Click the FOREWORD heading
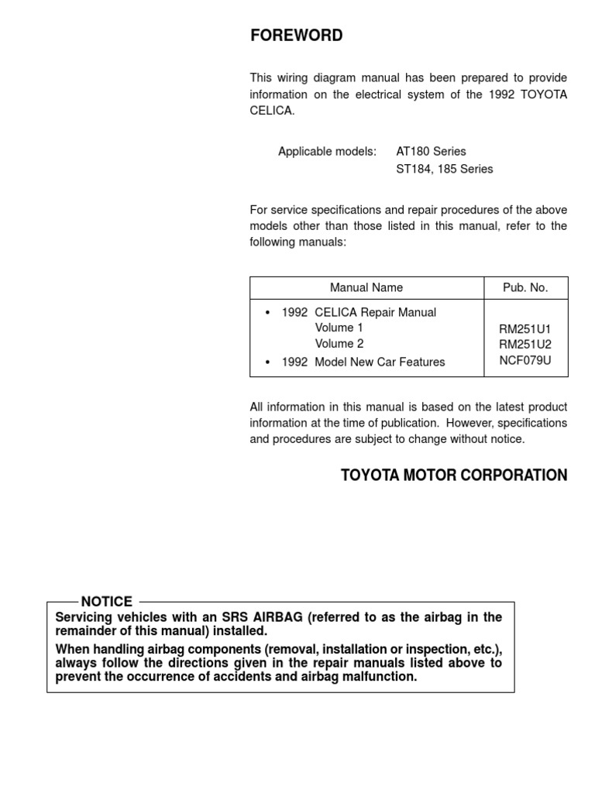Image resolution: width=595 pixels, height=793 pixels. [x=296, y=36]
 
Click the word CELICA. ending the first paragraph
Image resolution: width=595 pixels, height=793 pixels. [x=272, y=111]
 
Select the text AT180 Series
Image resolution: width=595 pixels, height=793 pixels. [x=431, y=151]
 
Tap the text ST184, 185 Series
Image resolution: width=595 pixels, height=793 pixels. [x=444, y=168]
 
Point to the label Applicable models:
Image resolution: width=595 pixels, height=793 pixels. [x=327, y=151]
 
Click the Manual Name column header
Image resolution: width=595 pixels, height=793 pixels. [x=366, y=287]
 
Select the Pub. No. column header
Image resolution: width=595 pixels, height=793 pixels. [x=525, y=287]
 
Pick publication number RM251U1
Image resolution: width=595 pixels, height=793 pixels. [x=525, y=329]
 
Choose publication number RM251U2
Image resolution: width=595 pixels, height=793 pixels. [x=525, y=345]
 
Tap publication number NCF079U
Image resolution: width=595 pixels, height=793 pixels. [x=525, y=360]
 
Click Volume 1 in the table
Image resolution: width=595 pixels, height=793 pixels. [x=339, y=328]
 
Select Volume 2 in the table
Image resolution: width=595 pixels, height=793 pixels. [x=339, y=343]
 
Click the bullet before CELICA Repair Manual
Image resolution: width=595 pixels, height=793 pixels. [x=267, y=313]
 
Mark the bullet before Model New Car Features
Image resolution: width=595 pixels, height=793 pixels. [x=267, y=362]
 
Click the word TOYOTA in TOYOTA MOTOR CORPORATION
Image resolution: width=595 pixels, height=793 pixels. [x=369, y=475]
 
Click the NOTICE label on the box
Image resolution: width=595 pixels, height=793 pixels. [x=107, y=602]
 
